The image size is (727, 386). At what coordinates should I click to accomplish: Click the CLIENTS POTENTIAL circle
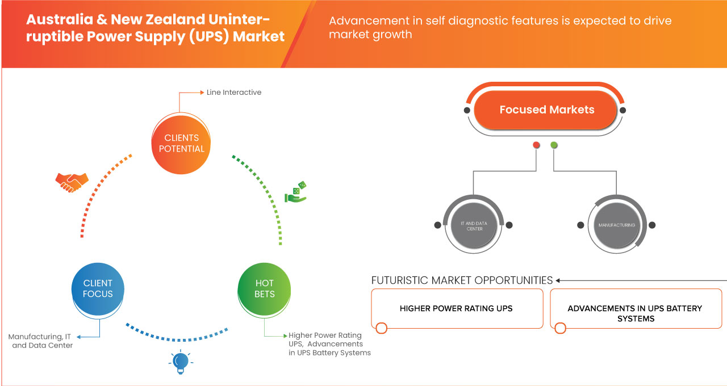tap(182, 143)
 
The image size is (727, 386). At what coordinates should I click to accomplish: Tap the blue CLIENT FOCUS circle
tap(98, 288)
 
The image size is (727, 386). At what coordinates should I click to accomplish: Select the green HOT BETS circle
tap(264, 288)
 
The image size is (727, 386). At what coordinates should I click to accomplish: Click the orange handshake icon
tap(72, 182)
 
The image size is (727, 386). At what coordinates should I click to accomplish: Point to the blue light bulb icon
tap(180, 362)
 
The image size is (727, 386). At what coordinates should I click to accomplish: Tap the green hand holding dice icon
tap(295, 192)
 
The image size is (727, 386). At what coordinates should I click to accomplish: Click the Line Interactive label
tap(234, 92)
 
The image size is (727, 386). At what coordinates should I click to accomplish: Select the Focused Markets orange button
tap(546, 110)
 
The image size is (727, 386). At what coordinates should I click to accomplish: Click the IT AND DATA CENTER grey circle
tap(471, 225)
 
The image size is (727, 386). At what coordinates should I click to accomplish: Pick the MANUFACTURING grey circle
tap(616, 225)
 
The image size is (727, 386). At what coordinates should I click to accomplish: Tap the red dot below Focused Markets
tap(536, 145)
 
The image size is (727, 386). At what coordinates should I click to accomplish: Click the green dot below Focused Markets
tap(554, 145)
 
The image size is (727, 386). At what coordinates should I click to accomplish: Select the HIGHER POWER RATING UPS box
tap(457, 308)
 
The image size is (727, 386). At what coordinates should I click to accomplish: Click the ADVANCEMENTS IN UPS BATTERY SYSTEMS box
tap(635, 313)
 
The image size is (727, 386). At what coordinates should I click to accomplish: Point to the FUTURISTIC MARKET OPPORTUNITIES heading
tap(462, 280)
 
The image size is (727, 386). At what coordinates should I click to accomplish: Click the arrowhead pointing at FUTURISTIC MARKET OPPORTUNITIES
tap(558, 280)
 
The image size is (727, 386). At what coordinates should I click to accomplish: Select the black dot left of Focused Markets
tap(467, 110)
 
